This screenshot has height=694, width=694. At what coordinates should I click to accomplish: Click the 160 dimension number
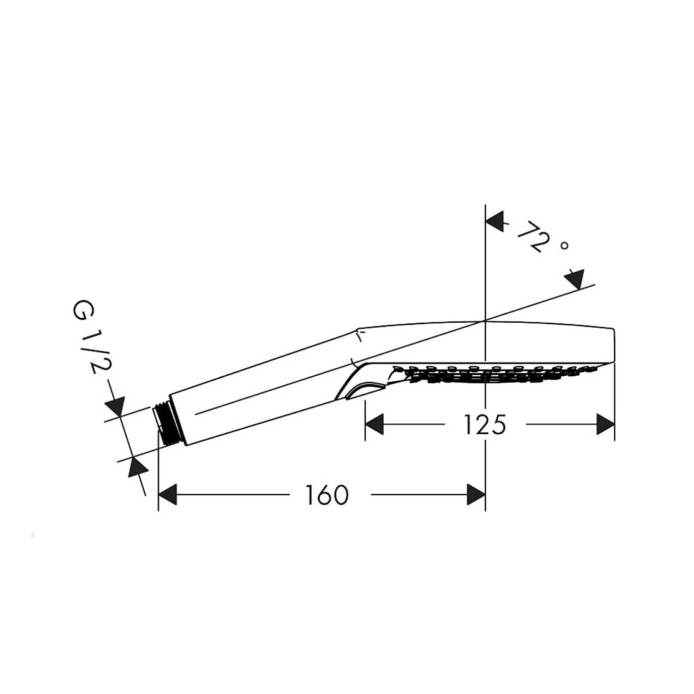(x=327, y=495)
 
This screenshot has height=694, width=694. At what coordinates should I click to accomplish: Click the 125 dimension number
(x=485, y=425)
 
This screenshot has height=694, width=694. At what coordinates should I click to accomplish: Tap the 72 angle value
(x=534, y=236)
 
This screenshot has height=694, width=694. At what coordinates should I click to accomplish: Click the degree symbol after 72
(x=565, y=245)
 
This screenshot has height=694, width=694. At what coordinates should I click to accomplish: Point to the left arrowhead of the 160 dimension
(x=168, y=495)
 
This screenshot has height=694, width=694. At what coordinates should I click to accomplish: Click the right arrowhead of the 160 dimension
(x=476, y=495)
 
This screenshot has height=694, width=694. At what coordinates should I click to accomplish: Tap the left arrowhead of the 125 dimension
(x=374, y=424)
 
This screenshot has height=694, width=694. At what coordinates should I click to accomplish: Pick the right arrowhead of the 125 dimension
(x=605, y=424)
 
